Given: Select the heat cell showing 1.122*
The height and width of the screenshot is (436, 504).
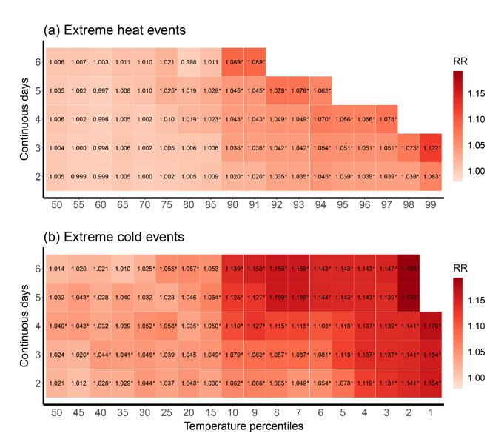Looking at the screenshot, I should click(x=431, y=147).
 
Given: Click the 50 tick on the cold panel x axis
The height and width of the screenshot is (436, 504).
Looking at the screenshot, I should click(x=56, y=412).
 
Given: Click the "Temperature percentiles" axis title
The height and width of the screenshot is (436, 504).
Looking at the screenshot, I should click(x=244, y=427).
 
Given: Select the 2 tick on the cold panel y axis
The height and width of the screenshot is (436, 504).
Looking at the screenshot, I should click(x=37, y=383).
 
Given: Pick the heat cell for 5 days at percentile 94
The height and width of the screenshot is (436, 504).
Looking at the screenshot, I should click(x=320, y=91).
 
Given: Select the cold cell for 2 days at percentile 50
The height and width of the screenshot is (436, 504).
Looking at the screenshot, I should click(x=56, y=383).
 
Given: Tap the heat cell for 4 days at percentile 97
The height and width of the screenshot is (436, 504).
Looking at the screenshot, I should click(x=386, y=119).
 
